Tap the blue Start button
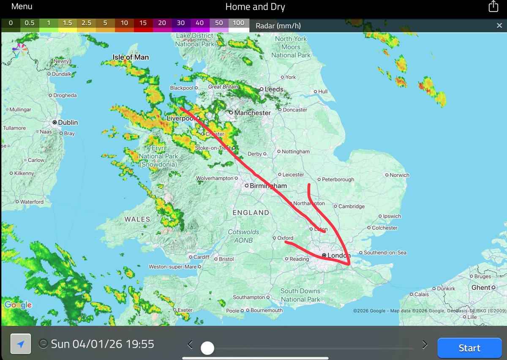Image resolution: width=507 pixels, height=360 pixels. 469,348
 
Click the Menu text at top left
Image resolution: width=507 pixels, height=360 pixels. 22,7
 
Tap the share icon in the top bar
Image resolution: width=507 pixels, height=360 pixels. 493,6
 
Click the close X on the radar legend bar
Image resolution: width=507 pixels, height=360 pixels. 499,26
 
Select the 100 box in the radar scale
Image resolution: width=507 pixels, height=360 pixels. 239,23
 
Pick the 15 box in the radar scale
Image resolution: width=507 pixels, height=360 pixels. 143,23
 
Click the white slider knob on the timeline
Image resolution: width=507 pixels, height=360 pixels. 207,348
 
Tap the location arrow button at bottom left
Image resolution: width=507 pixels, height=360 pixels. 21,344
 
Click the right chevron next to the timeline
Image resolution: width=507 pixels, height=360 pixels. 425,344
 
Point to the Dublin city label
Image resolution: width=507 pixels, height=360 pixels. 68,123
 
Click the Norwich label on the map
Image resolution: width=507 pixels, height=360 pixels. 399,175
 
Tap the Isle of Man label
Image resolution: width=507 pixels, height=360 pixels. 131,57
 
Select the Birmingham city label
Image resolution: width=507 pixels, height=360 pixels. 268,186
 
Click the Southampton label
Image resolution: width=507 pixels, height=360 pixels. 249,297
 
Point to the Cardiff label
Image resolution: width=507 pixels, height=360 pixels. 201,257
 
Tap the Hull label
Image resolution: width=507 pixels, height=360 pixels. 323,92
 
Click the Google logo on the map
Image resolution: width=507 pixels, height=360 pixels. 18,305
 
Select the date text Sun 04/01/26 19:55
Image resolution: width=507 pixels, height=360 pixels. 102,344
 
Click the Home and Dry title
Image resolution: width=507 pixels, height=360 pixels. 255,7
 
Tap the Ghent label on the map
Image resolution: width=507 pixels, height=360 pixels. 481,287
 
